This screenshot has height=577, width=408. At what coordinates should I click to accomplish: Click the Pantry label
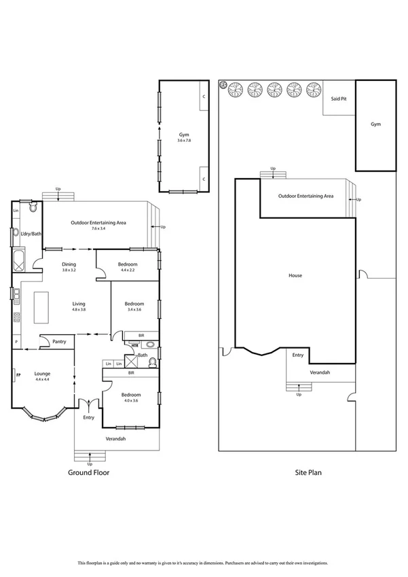(x=58, y=342)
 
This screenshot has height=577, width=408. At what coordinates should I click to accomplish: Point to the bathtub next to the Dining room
(x=17, y=260)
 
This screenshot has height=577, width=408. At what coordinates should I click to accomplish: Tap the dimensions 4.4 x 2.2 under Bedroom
(x=128, y=270)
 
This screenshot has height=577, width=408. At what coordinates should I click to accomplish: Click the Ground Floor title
(x=88, y=472)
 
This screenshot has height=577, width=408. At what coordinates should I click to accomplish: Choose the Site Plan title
(x=307, y=472)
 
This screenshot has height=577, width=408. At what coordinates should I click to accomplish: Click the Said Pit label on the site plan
(x=338, y=99)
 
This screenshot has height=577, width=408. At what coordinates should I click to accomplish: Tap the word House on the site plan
(x=295, y=275)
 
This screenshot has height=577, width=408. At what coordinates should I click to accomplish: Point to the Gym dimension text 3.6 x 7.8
(x=184, y=140)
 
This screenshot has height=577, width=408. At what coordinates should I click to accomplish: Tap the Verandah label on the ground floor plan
(x=115, y=438)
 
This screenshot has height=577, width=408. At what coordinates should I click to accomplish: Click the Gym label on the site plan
(x=375, y=124)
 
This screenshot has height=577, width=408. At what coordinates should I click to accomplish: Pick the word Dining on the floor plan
(x=69, y=264)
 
